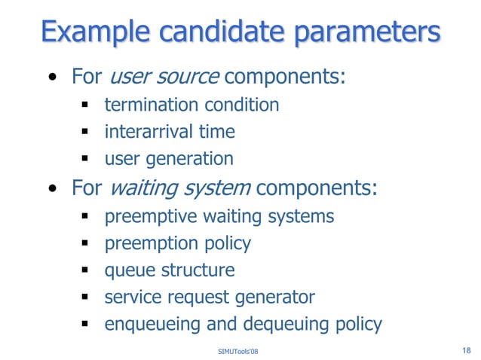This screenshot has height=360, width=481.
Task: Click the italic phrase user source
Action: coord(165,77)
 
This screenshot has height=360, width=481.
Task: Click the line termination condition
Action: coord(191,105)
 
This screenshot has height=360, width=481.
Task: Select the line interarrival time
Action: coord(170,132)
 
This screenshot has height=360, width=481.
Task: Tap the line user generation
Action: coord(169,159)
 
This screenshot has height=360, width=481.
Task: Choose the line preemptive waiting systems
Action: coord(219,216)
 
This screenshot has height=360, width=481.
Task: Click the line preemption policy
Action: coord(178,243)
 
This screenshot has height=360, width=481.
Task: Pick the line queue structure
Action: coord(170,270)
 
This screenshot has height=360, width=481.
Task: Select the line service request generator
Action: coord(210,297)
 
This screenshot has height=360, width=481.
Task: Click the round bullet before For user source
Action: coord(51,78)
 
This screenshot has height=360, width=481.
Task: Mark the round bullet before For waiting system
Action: coord(51,189)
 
